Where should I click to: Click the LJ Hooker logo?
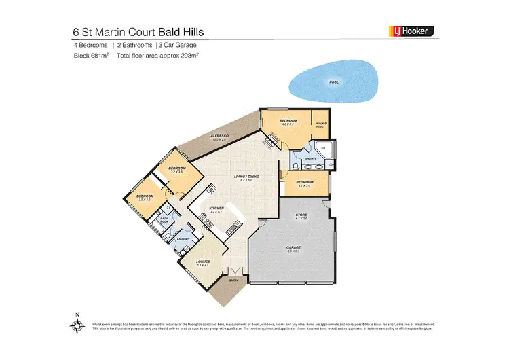coord(410,31)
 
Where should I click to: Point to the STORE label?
coord(301,215)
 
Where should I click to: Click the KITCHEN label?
coord(216,209)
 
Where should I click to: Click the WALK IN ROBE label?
coord(321,125)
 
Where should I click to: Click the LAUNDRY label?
coord(182,239)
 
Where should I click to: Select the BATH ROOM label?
coord(164,220)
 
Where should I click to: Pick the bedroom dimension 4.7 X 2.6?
coord(304,185)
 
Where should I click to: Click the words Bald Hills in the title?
coord(182,31)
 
